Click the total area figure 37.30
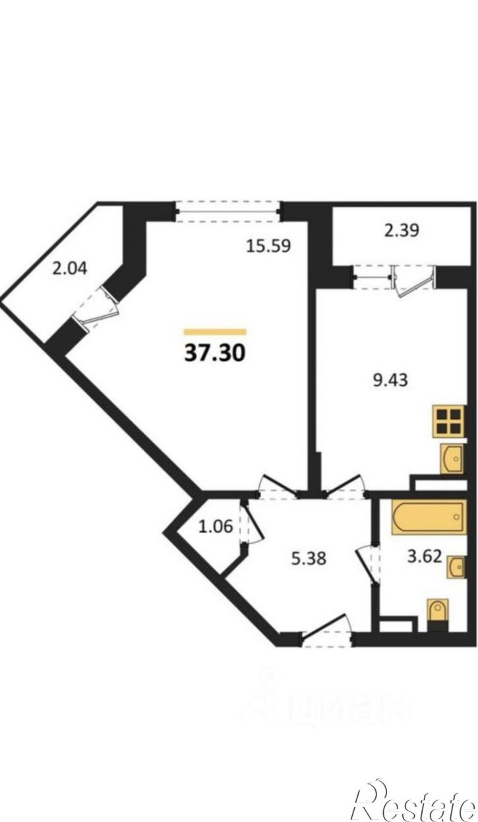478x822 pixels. pos(214,354)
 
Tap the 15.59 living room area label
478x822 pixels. pos(268,245)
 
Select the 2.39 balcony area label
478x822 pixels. pos(402,231)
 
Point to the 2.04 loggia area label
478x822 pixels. pos(70,269)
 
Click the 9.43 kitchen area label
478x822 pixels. pos(390,380)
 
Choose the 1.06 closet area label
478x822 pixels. pos(216,527)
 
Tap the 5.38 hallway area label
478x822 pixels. pos(309,559)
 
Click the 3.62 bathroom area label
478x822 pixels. pos(425,557)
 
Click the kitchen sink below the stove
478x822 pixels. pos(452,458)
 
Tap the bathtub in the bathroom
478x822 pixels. pos(429,517)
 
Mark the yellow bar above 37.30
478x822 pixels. pos(215,332)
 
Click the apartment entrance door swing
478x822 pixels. pos(326,628)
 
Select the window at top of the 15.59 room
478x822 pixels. pos(228,211)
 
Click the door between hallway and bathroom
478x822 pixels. pos(368,565)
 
